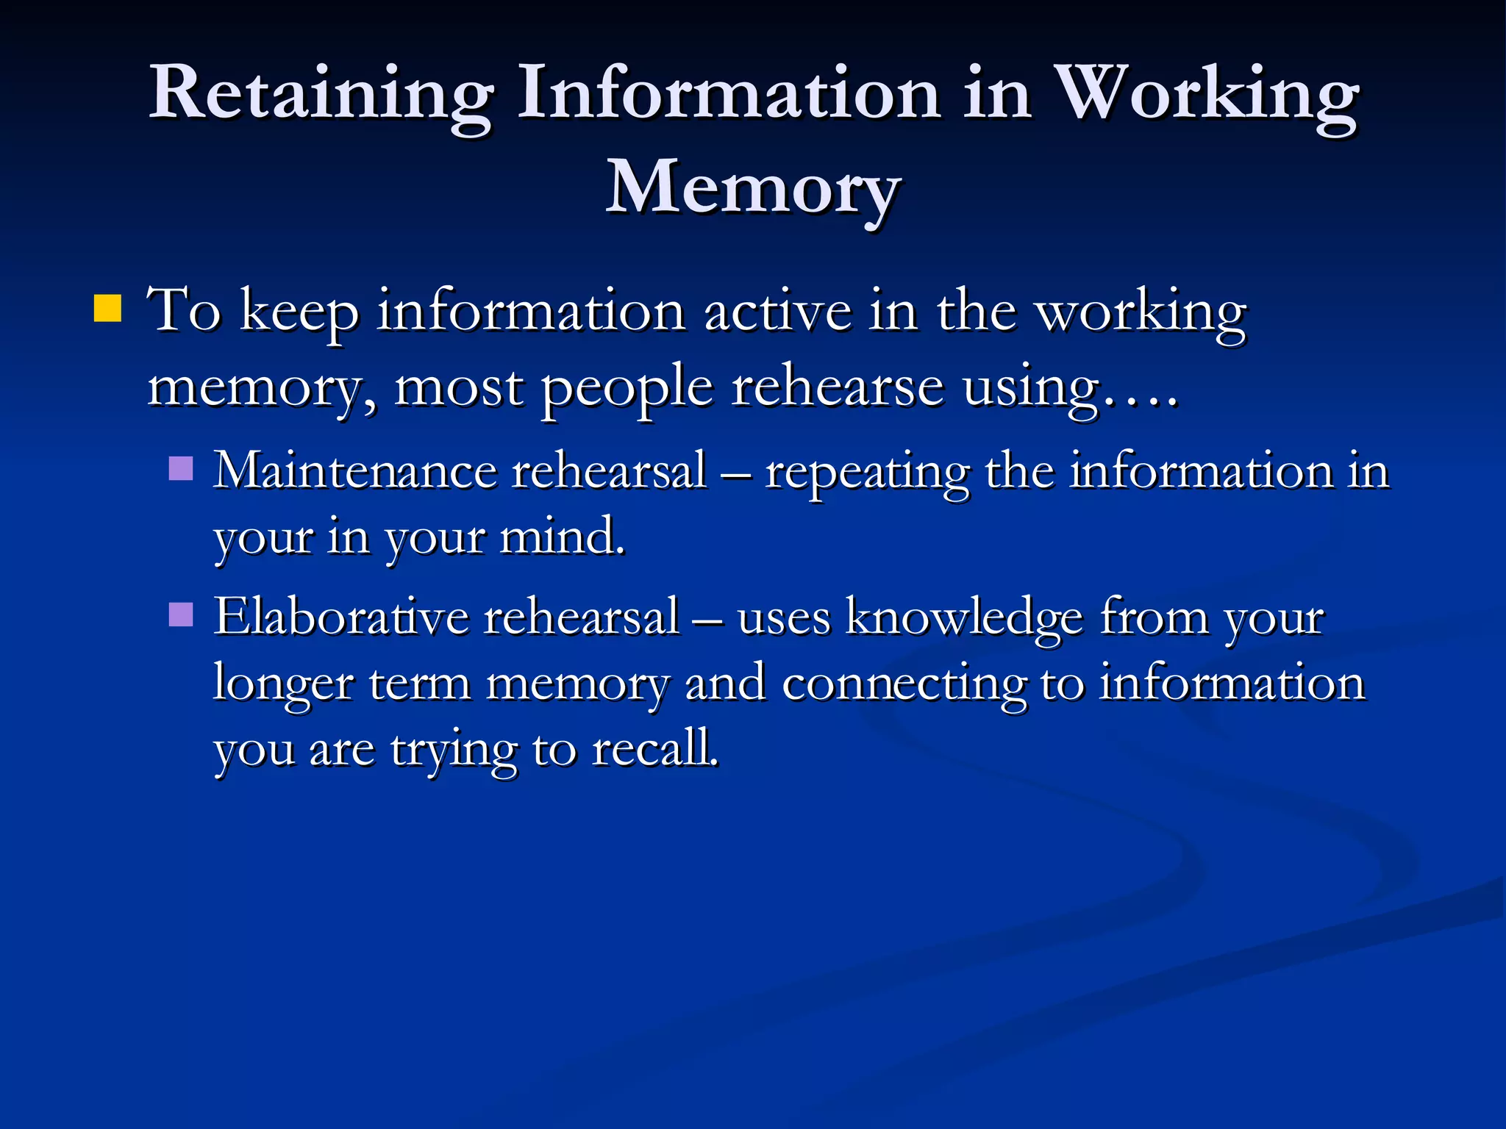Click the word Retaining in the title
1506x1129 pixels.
[x=321, y=93]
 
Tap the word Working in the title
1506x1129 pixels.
[x=1206, y=93]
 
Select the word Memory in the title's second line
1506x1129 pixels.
[x=753, y=189]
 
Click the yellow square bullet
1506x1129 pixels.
[x=108, y=309]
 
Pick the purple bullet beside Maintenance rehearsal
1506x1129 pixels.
[x=181, y=468]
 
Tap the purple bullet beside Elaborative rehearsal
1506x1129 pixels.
[x=181, y=614]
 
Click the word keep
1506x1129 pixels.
[x=299, y=312]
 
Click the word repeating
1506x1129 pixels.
[x=867, y=473]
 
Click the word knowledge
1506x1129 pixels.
[x=963, y=617]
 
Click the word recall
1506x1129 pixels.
[x=654, y=749]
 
